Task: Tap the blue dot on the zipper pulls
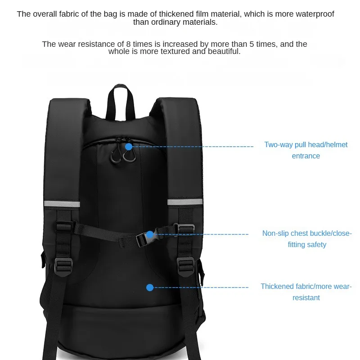pos(129,147)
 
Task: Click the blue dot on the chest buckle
pos(150,234)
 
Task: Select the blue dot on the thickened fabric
pos(150,287)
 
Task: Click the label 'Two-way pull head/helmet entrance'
pos(306,150)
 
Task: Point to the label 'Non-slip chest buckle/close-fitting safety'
pos(306,239)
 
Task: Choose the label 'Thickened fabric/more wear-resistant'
pos(306,292)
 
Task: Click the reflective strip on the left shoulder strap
pos(63,204)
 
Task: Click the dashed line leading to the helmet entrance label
pos(193,147)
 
